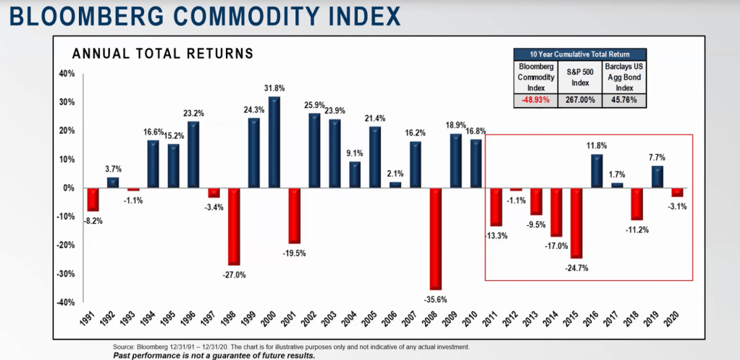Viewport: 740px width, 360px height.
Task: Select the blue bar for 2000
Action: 274,142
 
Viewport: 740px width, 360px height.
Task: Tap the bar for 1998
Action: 233,227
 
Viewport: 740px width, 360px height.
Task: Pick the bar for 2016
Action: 597,171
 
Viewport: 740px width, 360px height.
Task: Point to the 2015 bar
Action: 576,223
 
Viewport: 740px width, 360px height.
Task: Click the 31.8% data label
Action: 274,89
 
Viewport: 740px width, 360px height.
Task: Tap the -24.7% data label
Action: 576,267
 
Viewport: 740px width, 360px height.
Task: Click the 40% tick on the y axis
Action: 66,74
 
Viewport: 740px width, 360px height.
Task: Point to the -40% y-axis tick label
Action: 64,302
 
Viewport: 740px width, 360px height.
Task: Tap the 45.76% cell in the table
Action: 622,100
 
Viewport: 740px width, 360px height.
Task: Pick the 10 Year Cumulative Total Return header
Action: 579,54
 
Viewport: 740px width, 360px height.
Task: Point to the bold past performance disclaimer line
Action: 214,355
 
